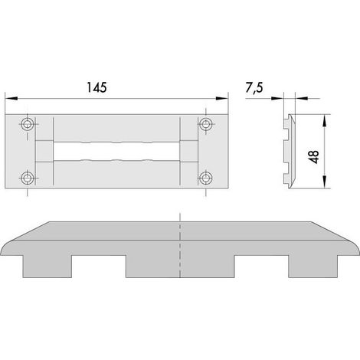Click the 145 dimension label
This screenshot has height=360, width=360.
pos(97,87)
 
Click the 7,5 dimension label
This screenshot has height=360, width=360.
pos(254,88)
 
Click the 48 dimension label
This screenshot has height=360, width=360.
pos(314,157)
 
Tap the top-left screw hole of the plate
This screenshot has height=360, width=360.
pos(27,124)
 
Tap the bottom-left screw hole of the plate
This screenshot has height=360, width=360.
pos(27,178)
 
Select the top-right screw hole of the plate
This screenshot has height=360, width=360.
pos(206,124)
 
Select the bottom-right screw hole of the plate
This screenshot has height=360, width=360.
pos(206,178)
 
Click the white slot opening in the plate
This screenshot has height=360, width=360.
pos(116,151)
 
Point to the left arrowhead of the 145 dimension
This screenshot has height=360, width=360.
pos(11,99)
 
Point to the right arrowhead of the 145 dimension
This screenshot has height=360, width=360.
pos(222,99)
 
